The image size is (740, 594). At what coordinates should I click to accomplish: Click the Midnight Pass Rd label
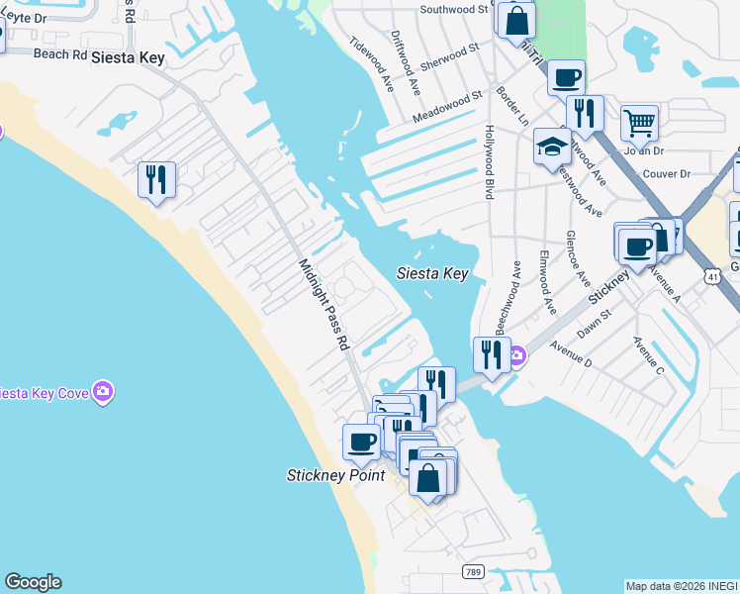coord(324,305)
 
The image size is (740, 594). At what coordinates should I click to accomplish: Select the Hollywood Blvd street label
coord(488,162)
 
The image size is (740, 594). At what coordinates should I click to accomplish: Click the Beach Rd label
coord(59,54)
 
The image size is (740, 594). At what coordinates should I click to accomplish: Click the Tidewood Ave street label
coord(367,62)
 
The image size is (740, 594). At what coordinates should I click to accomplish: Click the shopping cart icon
coord(639,124)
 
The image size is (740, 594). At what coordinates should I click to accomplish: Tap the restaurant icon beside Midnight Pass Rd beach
coord(156,179)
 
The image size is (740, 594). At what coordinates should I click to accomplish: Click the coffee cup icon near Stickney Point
coord(361,442)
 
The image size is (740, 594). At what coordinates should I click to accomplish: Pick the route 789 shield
coord(473,572)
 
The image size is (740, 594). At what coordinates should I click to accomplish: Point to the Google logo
coord(33,582)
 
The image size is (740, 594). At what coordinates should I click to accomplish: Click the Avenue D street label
coord(570,349)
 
